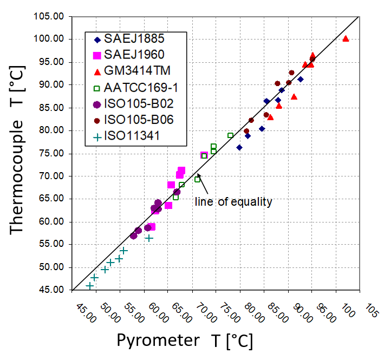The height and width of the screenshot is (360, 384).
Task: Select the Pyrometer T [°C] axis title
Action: [x=184, y=341]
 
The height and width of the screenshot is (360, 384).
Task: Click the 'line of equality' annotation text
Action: [x=233, y=202]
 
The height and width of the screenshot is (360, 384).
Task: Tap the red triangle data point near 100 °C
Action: [x=346, y=38]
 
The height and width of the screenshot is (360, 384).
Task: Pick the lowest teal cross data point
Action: [x=90, y=285]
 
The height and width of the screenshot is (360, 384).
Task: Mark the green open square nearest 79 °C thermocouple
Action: [x=230, y=135]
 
